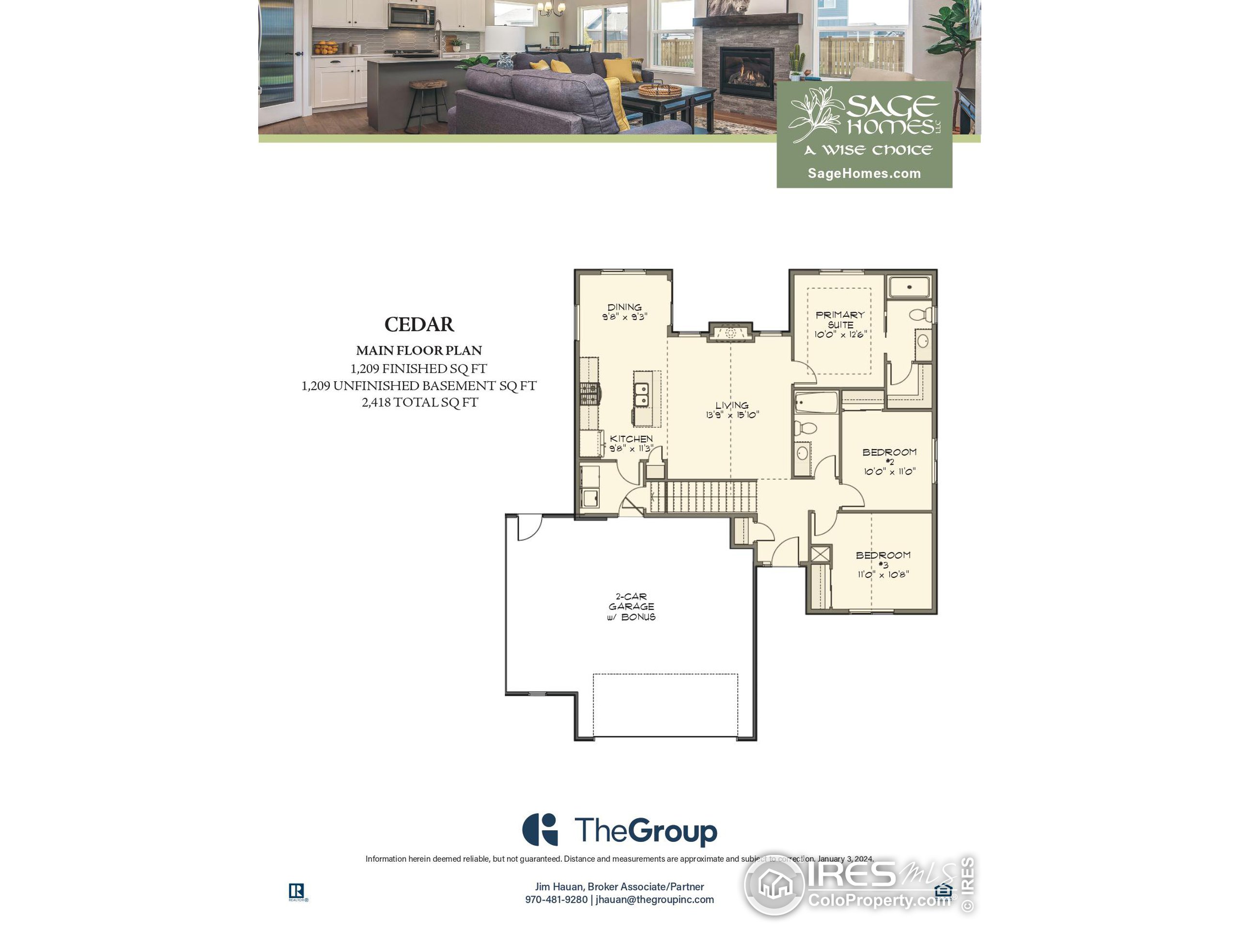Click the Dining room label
point(624,307)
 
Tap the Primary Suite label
point(840,320)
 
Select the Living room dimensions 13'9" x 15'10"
point(732,415)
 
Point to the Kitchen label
point(631,439)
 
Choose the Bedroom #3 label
point(883,559)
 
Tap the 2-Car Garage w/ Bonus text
point(631,606)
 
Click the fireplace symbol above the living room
point(730,333)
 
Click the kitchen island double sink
point(641,395)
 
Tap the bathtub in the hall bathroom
point(816,403)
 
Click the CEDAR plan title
point(419,324)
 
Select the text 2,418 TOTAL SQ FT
point(419,403)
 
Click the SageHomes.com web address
point(864,173)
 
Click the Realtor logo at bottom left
point(296,891)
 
